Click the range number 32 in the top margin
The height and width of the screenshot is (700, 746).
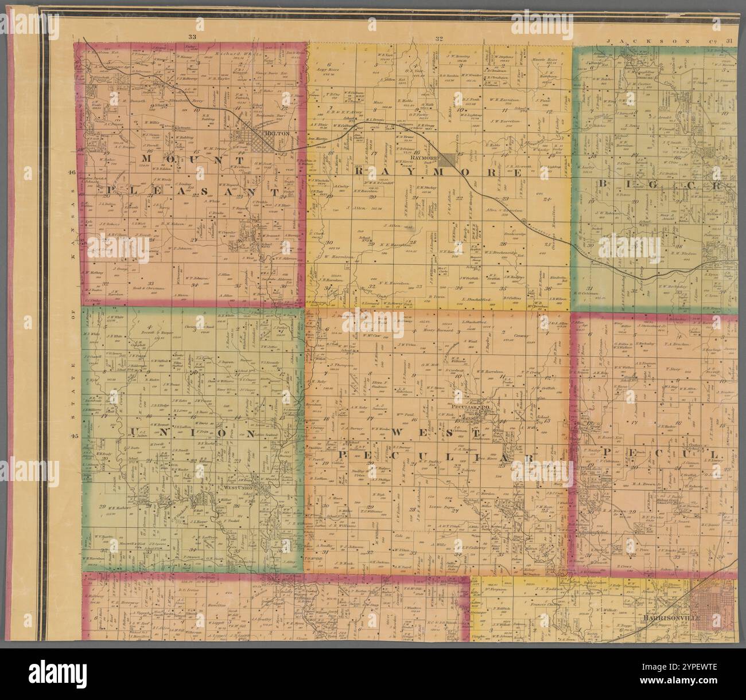tap(439, 39)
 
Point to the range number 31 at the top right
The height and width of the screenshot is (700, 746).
tap(729, 41)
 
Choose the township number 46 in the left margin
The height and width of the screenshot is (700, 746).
tap(72, 173)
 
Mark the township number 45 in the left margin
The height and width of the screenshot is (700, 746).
tap(73, 436)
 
